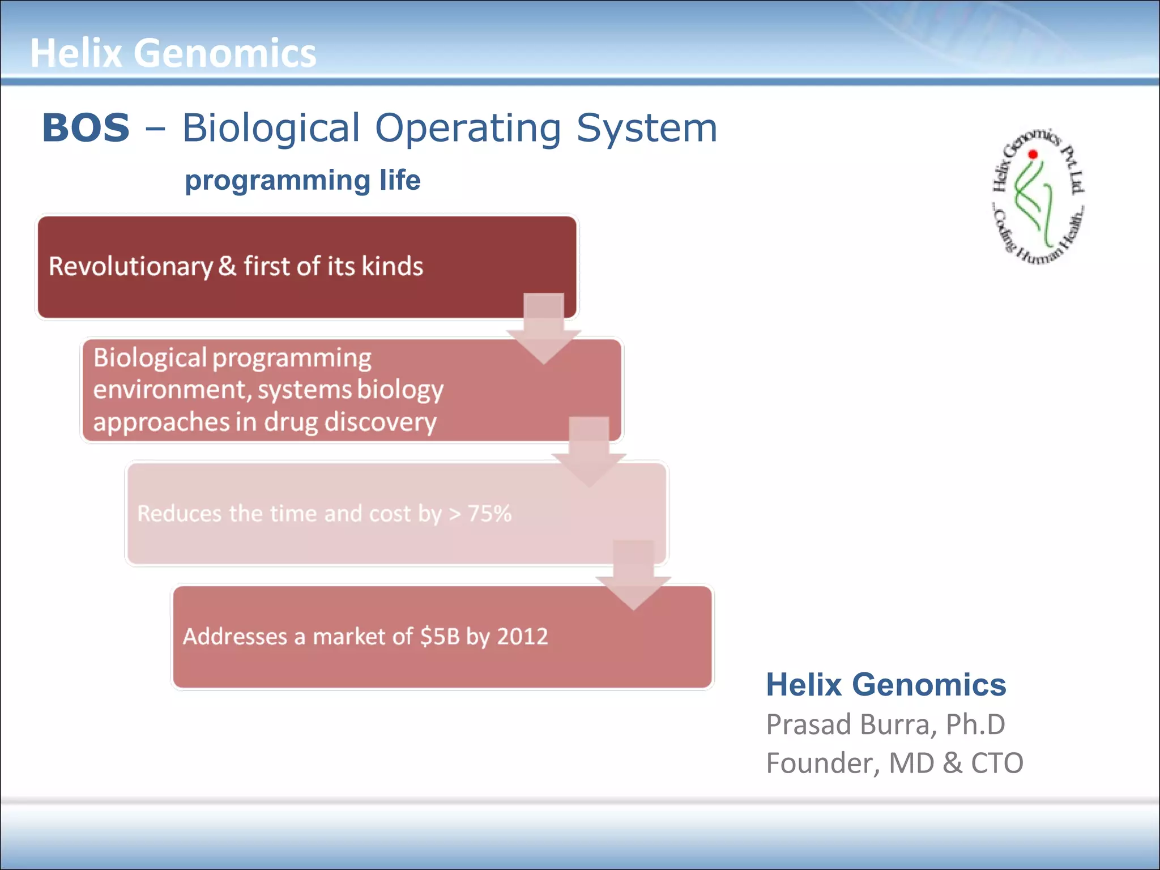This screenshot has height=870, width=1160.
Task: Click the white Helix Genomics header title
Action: click(173, 53)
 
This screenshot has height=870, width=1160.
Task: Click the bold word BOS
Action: click(86, 127)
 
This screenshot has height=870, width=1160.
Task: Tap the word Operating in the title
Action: click(468, 127)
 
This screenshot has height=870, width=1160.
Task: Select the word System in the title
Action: click(646, 127)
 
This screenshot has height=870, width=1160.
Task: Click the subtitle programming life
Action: click(302, 180)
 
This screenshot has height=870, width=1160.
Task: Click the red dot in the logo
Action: click(1033, 154)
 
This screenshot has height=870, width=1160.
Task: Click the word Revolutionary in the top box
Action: click(130, 266)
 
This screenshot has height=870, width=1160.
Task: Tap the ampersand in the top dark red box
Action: click(227, 266)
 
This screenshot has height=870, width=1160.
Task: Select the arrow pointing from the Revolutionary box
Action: click(544, 329)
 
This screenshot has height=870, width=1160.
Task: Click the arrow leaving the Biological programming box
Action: click(589, 452)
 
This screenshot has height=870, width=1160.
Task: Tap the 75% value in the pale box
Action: click(489, 514)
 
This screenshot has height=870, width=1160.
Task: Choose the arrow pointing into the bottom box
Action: click(633, 575)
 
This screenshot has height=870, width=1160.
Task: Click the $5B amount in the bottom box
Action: click(440, 637)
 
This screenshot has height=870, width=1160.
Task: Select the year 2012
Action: click(522, 637)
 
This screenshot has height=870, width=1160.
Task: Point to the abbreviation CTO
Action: click(997, 763)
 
